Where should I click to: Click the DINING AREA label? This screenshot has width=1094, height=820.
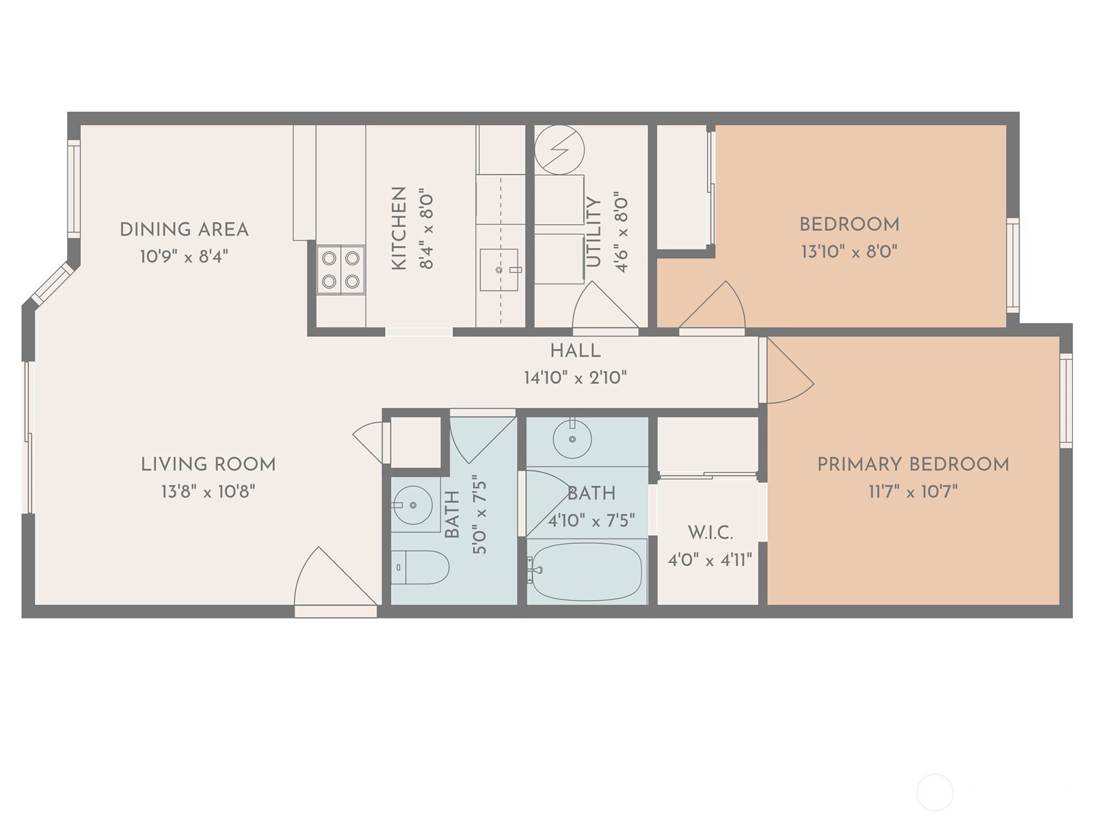coord(184,230)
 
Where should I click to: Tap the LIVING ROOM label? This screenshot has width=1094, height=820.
coord(209,465)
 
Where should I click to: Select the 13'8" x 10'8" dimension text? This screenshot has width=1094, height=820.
coord(208,492)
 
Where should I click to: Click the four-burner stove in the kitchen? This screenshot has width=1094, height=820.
coord(341,269)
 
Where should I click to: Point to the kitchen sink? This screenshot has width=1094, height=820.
coord(499,269)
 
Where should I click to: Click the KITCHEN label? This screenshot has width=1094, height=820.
coord(399,228)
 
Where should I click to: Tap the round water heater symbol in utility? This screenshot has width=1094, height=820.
coord(559,150)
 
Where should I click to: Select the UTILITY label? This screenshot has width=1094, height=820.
coord(593,232)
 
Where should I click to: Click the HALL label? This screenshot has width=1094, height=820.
coord(575,351)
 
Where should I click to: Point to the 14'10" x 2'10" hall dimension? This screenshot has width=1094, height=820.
coord(575,378)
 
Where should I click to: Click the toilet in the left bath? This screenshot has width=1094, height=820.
coord(420,567)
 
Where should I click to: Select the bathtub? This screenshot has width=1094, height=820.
coord(587,571)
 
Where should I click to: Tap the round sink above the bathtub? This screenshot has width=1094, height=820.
coord(572,439)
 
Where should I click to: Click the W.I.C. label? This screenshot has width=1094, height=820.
coord(710,533)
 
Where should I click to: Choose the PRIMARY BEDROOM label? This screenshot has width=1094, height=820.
coord(913,465)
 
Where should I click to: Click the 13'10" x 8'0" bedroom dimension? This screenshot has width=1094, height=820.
coord(849,252)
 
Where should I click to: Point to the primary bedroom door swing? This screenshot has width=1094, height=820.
coord(790,370)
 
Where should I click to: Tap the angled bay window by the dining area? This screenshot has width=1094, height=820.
coord(53,283)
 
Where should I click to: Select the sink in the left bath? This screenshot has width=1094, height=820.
coord(413,506)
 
